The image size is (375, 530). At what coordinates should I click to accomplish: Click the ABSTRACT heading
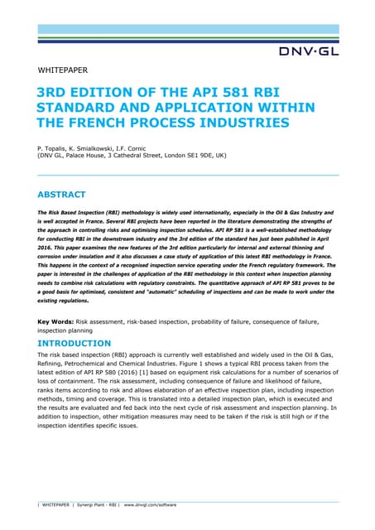62,195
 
